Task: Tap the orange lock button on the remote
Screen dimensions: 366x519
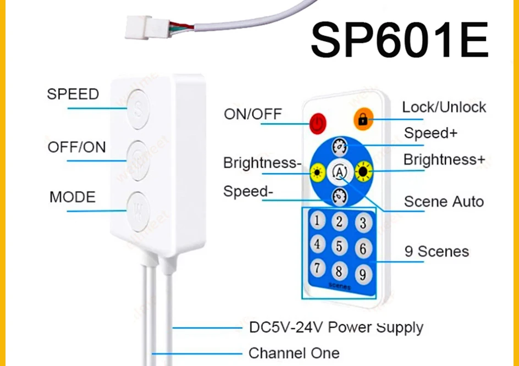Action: click(363, 119)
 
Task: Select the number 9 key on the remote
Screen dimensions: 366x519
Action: click(362, 273)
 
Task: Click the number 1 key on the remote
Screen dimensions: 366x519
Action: click(317, 220)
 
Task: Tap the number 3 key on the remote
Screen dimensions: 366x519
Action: click(362, 223)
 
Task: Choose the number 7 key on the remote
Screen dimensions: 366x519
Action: click(317, 268)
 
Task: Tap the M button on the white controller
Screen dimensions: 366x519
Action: click(137, 209)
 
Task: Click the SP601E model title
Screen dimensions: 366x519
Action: click(399, 41)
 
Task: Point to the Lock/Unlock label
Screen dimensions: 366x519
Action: click(444, 107)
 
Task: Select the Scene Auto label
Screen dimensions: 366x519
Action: click(444, 202)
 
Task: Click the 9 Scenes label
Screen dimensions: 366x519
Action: click(437, 252)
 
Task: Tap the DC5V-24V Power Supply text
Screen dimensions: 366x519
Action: click(336, 328)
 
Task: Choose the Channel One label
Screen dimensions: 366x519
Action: click(294, 352)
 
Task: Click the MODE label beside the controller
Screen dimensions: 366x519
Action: click(72, 197)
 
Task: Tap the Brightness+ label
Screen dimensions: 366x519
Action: click(444, 160)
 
